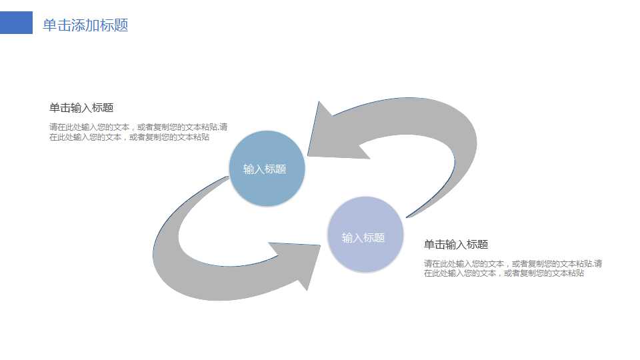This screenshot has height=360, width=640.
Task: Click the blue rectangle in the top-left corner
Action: point(16,23)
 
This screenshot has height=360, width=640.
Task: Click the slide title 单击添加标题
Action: point(86,25)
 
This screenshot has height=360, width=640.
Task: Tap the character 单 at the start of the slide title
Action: point(50,25)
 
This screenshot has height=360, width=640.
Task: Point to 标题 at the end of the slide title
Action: point(114,25)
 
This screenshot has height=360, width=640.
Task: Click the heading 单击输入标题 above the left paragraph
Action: point(81,108)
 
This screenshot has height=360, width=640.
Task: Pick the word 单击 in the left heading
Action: point(59,108)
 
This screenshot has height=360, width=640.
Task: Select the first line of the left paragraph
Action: point(139,127)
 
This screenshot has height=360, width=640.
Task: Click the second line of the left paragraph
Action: point(129,137)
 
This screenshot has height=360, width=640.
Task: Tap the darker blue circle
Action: point(267,168)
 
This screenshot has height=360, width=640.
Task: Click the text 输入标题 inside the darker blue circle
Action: point(265,169)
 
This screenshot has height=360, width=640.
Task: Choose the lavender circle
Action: point(365,234)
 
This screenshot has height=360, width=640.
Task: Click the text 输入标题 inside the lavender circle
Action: point(363,237)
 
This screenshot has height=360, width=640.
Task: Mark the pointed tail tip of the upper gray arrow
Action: point(407,217)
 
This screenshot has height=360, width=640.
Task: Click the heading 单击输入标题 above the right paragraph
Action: point(456,245)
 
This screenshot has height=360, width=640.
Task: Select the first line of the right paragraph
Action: point(513,264)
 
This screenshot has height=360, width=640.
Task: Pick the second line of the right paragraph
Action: point(504,273)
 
